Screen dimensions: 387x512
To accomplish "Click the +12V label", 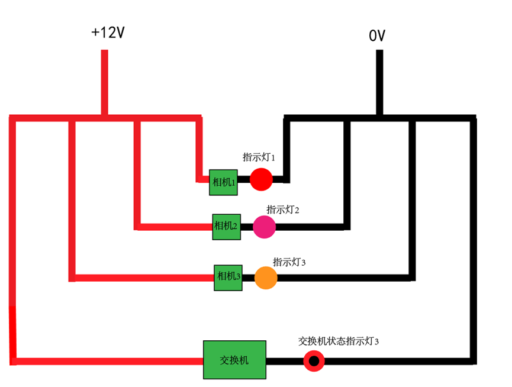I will pyautogui.click(x=108, y=33).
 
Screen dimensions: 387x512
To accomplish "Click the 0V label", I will pyautogui.click(x=377, y=36).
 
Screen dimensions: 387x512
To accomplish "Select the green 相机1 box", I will pyautogui.click(x=223, y=182).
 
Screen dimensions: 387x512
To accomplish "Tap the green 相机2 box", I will pyautogui.click(x=226, y=226).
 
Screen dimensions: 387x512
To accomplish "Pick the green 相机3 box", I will pyautogui.click(x=228, y=277).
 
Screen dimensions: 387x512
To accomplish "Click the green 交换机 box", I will pyautogui.click(x=234, y=360).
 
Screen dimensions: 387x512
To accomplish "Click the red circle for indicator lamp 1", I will pyautogui.click(x=260, y=179).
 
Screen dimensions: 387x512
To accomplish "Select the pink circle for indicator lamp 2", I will pyautogui.click(x=264, y=227).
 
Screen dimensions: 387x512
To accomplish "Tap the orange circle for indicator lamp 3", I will pyautogui.click(x=266, y=278).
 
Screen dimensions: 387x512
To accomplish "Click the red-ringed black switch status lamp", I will pyautogui.click(x=314, y=360).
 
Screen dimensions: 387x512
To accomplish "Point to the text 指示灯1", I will pyautogui.click(x=259, y=157).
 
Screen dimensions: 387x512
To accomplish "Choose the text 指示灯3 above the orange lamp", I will pyautogui.click(x=289, y=262).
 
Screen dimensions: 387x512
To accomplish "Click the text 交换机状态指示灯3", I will pyautogui.click(x=338, y=341).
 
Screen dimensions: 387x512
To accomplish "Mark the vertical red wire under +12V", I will pyautogui.click(x=104, y=83).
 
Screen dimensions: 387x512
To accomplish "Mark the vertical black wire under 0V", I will pyautogui.click(x=379, y=83).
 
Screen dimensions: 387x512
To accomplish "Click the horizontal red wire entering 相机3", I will pyautogui.click(x=142, y=278).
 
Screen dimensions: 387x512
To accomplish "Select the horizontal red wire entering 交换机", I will pyautogui.click(x=107, y=361).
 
